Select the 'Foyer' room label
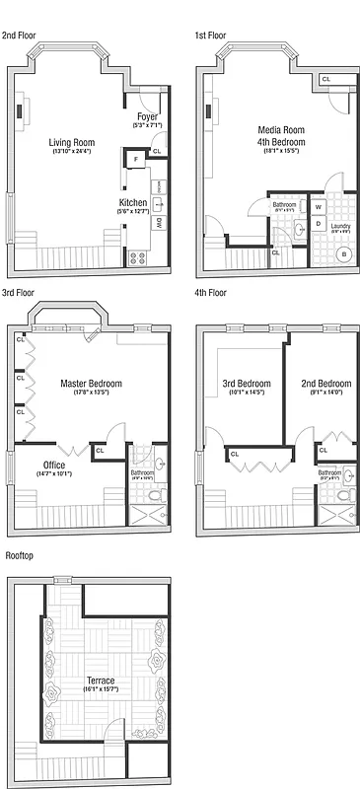click(146, 116)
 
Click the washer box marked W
click(319, 208)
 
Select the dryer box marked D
click(319, 224)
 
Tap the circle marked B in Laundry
click(344, 253)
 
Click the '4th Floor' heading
click(211, 293)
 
